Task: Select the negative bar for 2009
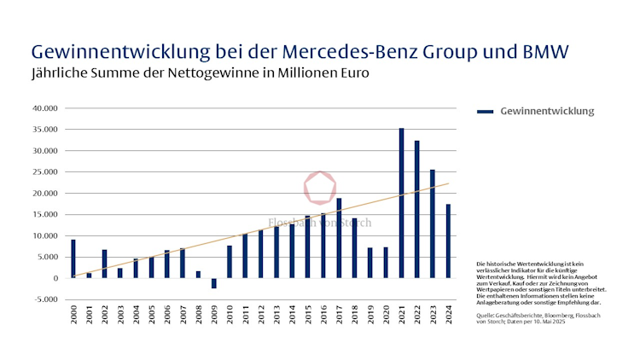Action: click(214, 283)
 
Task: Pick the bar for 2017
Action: click(339, 238)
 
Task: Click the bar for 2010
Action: click(230, 262)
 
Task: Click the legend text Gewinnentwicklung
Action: click(547, 112)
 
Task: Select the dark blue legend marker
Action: click(485, 112)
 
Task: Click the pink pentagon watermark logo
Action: click(320, 188)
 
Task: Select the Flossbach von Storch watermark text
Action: click(320, 223)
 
